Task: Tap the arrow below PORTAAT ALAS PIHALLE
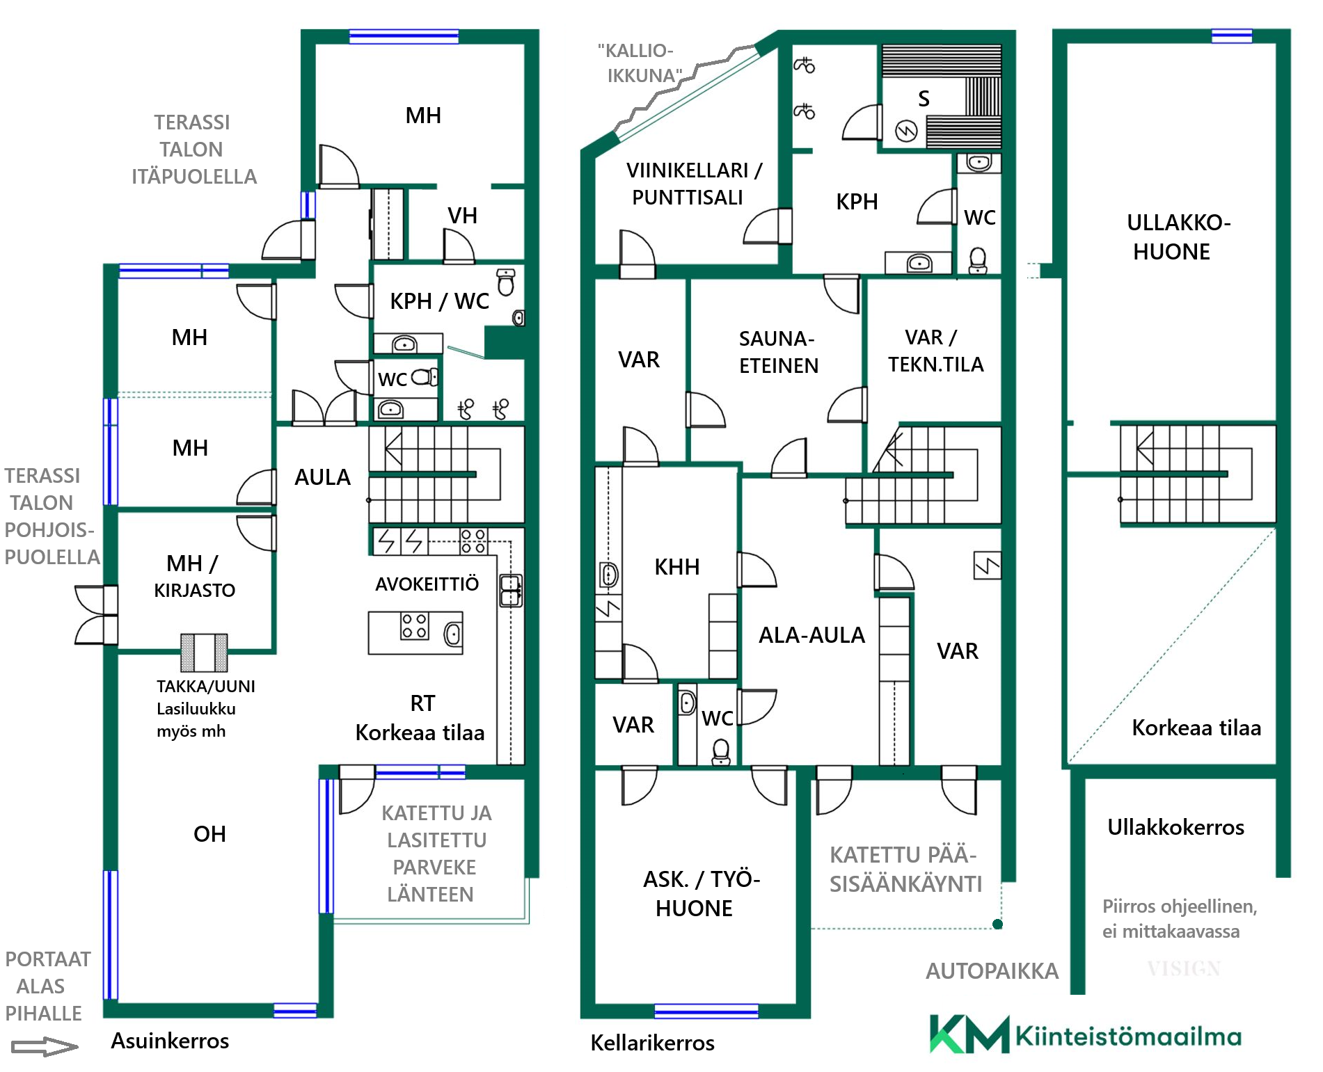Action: (45, 1047)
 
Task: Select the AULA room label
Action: (322, 477)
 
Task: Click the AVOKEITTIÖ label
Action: (427, 584)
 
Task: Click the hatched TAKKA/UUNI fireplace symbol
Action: (204, 652)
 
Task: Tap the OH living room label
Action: (209, 833)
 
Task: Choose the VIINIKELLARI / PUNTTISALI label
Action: (694, 184)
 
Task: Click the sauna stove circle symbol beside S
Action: (906, 131)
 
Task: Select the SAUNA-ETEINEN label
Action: (778, 352)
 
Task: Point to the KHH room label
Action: (676, 567)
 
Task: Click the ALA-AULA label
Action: (811, 635)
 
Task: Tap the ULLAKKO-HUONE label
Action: (1178, 237)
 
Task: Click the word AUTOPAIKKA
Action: (992, 970)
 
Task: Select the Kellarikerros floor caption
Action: (652, 1043)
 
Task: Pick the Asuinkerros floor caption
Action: (170, 1041)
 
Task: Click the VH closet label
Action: (462, 216)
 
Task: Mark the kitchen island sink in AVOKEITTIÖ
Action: (452, 634)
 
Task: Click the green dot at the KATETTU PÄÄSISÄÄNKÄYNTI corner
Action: (997, 924)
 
